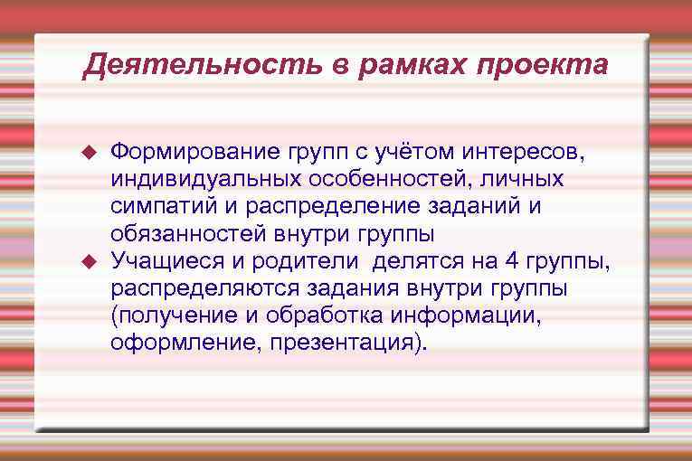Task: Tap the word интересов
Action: (517, 152)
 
